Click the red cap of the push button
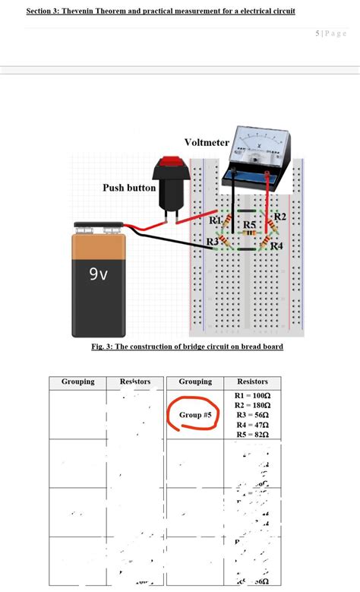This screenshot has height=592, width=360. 173,163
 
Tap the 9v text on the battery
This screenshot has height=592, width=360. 99,274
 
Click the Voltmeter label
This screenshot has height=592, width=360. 206,143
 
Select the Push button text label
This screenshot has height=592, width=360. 129,188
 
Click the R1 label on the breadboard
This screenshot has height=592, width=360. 215,220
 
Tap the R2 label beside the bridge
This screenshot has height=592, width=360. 279,217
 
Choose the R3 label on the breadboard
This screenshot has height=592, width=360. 213,241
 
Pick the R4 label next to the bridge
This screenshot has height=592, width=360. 276,245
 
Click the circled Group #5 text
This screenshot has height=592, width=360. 195,415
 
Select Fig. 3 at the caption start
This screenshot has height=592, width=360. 102,347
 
